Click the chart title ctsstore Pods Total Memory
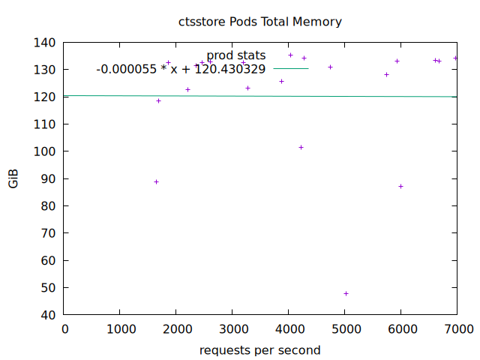[259, 22]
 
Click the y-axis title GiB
[14, 179]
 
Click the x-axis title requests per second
[259, 350]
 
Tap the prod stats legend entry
[236, 55]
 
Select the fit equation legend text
[181, 69]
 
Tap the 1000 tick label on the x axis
[120, 329]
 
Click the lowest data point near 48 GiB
[346, 293]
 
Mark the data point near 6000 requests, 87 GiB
[400, 186]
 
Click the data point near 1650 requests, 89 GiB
[156, 181]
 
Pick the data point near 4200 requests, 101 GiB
[301, 147]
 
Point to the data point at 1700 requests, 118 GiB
[158, 100]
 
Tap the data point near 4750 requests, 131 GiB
[330, 67]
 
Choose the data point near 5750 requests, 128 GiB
[386, 74]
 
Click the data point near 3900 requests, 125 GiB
[281, 81]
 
